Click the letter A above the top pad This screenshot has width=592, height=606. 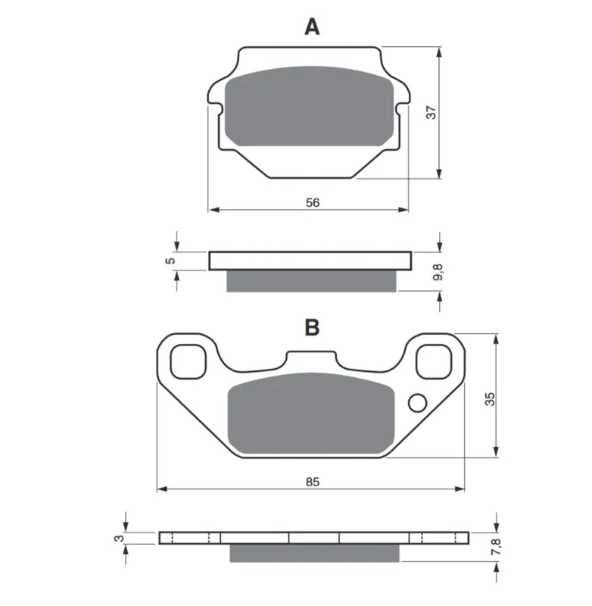tap(312, 27)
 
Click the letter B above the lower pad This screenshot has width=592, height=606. tap(312, 327)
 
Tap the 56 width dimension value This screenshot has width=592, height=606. tap(313, 202)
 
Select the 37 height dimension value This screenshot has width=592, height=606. tap(431, 112)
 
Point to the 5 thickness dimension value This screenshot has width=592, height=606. tap(170, 261)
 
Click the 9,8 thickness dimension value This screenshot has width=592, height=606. tap(438, 272)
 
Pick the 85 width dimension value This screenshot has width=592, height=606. tap(313, 482)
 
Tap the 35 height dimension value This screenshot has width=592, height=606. tap(489, 398)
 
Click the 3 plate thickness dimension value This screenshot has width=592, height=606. tap(120, 538)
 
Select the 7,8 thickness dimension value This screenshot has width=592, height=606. tap(495, 547)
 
